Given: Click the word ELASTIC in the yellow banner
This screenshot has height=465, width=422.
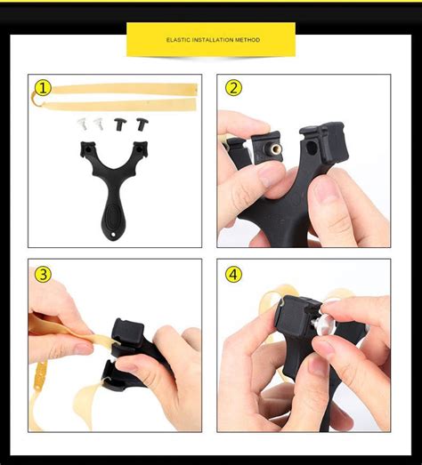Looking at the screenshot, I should click(176, 40).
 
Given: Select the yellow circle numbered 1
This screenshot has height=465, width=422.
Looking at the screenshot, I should click(44, 88).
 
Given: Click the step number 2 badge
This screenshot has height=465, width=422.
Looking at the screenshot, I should click(233, 88).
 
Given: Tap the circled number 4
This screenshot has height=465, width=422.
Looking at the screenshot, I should click(233, 274).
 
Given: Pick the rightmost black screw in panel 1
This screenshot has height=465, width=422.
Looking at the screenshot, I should click(140, 124).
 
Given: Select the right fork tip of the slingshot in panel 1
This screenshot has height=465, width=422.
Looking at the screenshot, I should click(141, 148).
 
